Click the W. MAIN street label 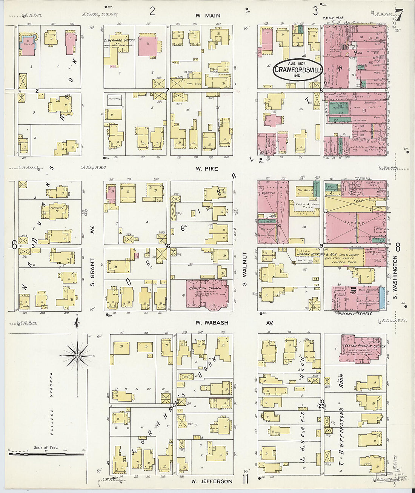coord(207,15)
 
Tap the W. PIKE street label coord(207,168)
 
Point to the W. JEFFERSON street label coord(211,481)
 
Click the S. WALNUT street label coord(244,269)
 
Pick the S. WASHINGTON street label coord(395,277)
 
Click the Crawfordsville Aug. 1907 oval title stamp coord(298,70)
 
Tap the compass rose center coord(77,355)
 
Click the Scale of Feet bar coord(46,452)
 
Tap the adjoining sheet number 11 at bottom coord(246,480)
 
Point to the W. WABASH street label coord(212,323)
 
